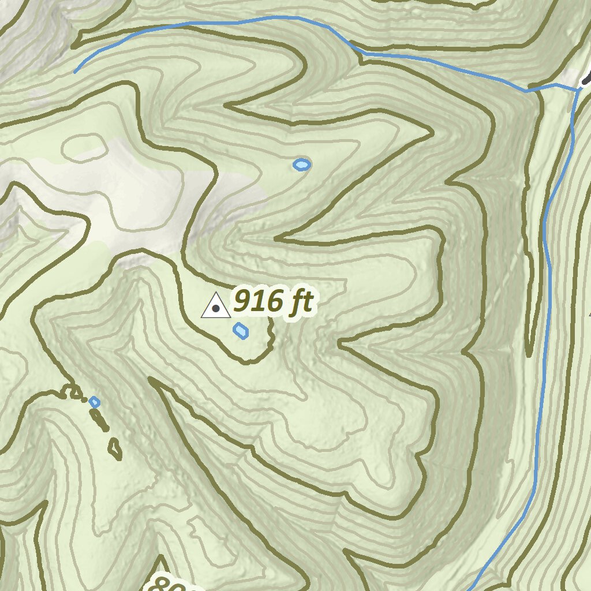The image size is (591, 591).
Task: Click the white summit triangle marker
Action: (x=216, y=306)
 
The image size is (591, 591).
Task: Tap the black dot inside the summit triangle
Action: (x=216, y=309)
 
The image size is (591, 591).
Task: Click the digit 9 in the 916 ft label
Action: (x=243, y=301)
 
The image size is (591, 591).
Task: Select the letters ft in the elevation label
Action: (x=301, y=301)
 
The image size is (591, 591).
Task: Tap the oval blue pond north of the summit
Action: (x=301, y=165)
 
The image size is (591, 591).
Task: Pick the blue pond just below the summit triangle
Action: (x=241, y=331)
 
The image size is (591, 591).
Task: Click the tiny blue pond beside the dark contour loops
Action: (x=95, y=402)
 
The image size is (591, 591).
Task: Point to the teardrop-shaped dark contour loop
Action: (x=115, y=449)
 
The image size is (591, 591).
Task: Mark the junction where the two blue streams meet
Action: (x=577, y=90)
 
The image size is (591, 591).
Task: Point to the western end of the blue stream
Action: (x=75, y=72)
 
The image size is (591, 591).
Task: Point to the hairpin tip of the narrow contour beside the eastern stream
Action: (x=530, y=353)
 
